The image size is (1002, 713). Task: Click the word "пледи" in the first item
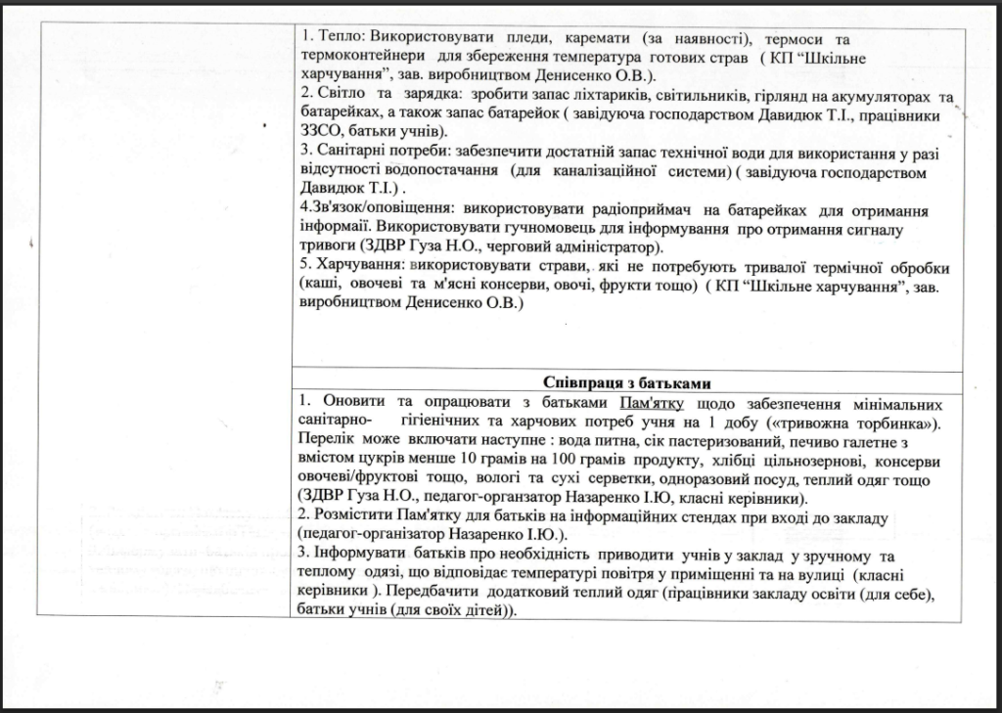529,39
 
